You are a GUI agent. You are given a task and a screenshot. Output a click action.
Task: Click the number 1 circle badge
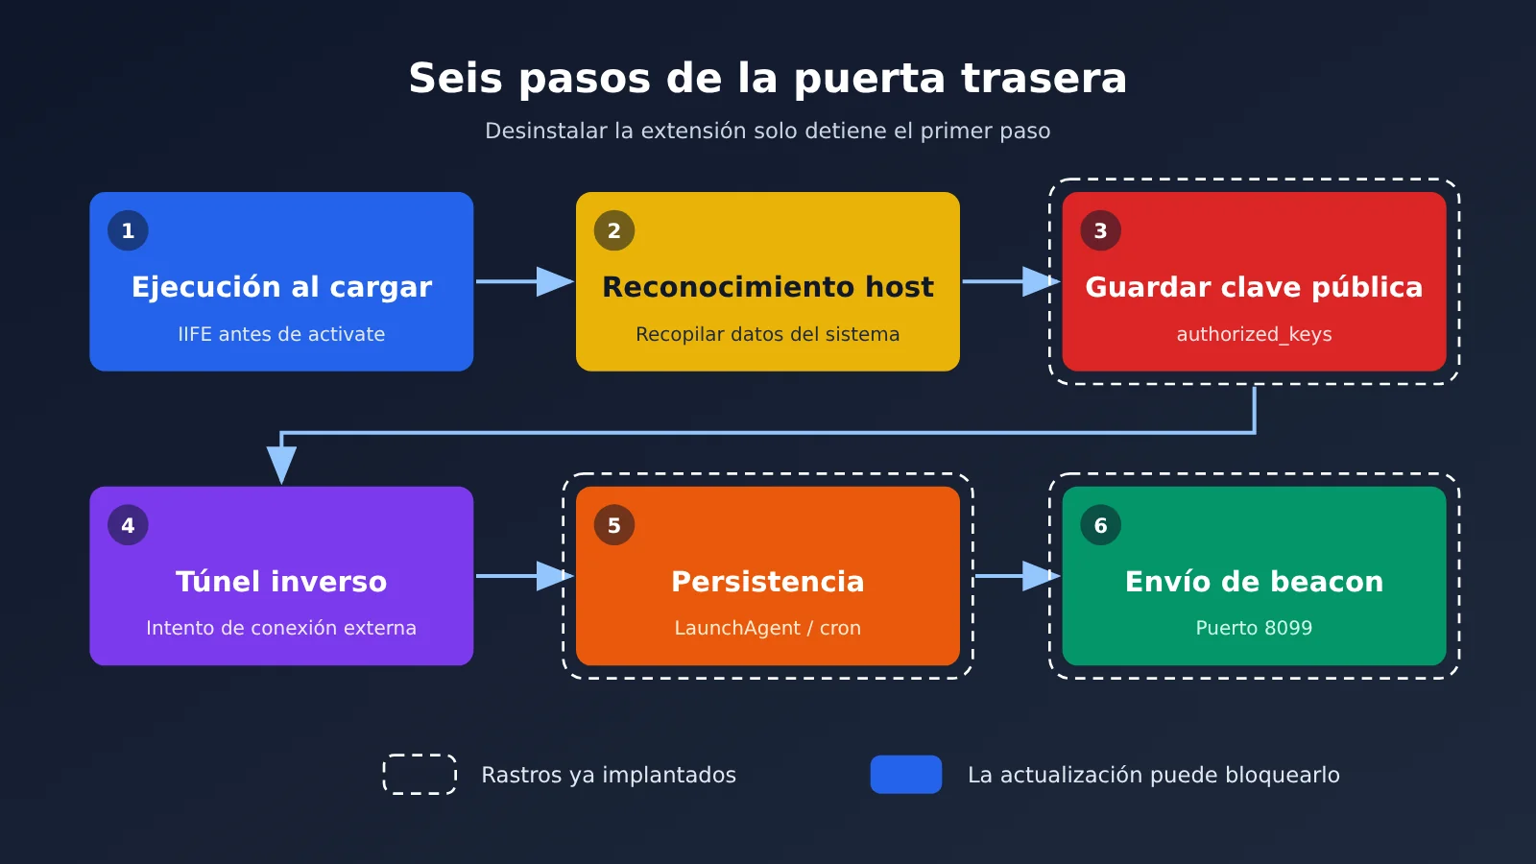pyautogui.click(x=128, y=230)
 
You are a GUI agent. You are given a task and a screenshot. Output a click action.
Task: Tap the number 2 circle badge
pyautogui.click(x=613, y=230)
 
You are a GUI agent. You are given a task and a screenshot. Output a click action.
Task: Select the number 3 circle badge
pyautogui.click(x=1100, y=230)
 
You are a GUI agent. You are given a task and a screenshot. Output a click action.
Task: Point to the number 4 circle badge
pyautogui.click(x=128, y=525)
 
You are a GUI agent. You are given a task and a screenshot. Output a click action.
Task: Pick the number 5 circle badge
pyautogui.click(x=613, y=525)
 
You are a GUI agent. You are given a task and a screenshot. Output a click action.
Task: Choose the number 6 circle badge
pyautogui.click(x=1100, y=525)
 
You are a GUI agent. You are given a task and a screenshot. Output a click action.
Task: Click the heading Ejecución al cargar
pyautogui.click(x=281, y=287)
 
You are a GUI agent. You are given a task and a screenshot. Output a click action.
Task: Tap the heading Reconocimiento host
pyautogui.click(x=767, y=287)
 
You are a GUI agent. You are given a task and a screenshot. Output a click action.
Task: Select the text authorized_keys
pyautogui.click(x=1254, y=335)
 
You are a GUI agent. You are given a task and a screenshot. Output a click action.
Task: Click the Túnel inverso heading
pyautogui.click(x=281, y=582)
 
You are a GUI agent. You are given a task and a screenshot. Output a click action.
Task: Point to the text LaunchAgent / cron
pyautogui.click(x=767, y=628)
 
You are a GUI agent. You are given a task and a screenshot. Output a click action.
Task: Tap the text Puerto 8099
pyautogui.click(x=1254, y=628)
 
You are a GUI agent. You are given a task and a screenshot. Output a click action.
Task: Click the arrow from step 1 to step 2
pyautogui.click(x=524, y=281)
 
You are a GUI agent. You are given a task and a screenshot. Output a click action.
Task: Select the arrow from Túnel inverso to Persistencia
pyautogui.click(x=524, y=576)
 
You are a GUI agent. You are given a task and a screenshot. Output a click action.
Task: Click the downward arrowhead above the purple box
pyautogui.click(x=281, y=465)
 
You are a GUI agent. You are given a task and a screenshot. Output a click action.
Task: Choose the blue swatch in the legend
pyautogui.click(x=906, y=774)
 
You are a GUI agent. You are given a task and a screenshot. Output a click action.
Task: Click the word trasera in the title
pyautogui.click(x=1044, y=78)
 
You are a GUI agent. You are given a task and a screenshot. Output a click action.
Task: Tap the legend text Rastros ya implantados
pyautogui.click(x=609, y=775)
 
